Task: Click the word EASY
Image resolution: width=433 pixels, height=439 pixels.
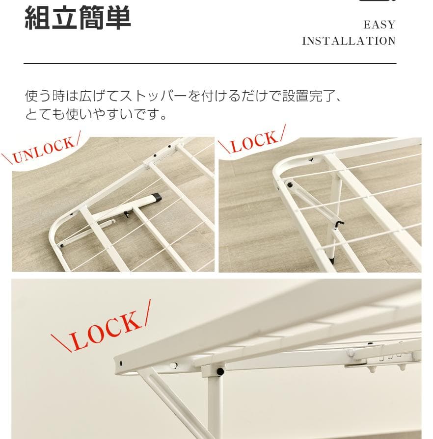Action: (x=379, y=25)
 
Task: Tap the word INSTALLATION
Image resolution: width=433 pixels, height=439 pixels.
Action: (x=349, y=41)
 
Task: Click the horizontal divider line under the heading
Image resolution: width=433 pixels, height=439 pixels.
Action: (x=210, y=64)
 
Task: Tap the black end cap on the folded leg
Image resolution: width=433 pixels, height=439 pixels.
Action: (x=157, y=197)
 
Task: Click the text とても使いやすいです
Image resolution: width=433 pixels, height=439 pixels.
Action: (x=96, y=115)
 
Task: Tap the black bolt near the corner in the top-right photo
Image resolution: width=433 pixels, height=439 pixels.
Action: (x=290, y=185)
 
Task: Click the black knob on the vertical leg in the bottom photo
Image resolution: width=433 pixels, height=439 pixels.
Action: (x=220, y=371)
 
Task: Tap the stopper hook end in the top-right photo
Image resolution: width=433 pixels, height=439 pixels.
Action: (x=338, y=224)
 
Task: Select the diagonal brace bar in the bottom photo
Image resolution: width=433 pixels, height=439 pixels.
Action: (x=169, y=402)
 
